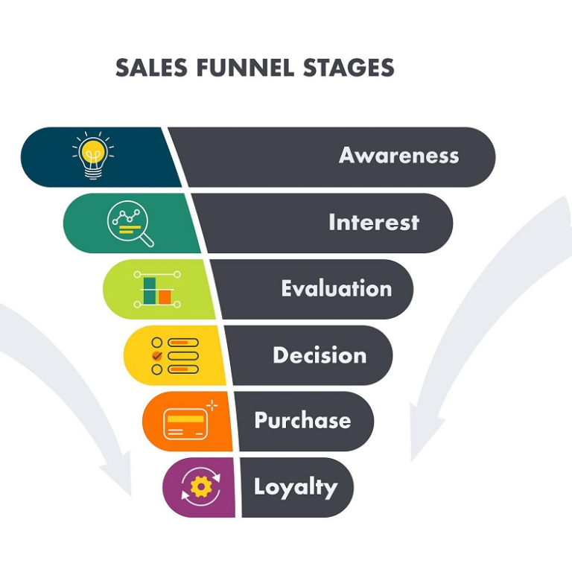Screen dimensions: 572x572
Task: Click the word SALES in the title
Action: click(x=152, y=68)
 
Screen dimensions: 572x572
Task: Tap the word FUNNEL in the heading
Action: click(x=246, y=68)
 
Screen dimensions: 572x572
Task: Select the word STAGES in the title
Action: click(x=349, y=68)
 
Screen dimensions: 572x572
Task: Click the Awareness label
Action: click(x=398, y=156)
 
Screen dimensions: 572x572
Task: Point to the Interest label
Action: click(x=374, y=222)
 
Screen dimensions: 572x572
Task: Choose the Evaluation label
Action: click(x=337, y=288)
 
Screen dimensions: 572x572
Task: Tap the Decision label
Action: click(x=320, y=355)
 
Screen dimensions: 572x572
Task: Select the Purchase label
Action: click(x=303, y=420)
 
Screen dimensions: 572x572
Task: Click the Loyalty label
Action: click(x=296, y=487)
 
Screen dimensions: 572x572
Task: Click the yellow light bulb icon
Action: click(x=93, y=156)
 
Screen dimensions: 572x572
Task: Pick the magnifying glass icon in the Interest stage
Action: click(x=130, y=223)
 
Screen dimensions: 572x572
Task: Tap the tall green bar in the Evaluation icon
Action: click(x=150, y=290)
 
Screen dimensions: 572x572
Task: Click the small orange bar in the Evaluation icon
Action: click(x=165, y=297)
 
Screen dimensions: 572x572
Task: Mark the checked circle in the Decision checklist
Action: click(x=157, y=356)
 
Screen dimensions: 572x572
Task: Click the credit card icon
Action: click(x=185, y=424)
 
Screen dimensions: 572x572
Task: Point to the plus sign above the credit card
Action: click(x=212, y=405)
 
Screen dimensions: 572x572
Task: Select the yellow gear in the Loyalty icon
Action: click(x=201, y=486)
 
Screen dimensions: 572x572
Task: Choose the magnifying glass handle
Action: click(x=147, y=240)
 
